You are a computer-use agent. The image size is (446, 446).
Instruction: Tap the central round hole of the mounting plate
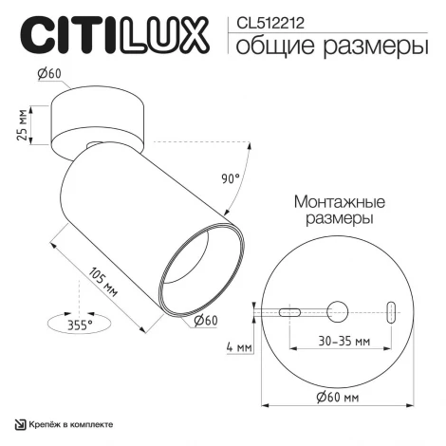(338, 309)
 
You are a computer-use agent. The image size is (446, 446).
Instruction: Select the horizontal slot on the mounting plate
(290, 309)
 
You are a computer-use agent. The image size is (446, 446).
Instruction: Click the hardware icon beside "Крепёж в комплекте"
(18, 423)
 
